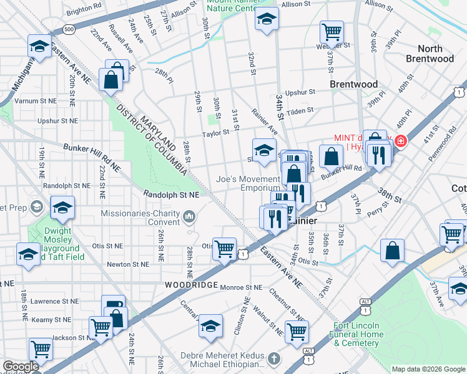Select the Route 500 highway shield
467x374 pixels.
coord(69,29)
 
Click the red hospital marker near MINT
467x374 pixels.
coord(398,141)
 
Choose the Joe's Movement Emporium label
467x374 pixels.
coord(248,183)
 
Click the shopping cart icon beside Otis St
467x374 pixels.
coord(224,249)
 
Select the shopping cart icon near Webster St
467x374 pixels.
coord(332,31)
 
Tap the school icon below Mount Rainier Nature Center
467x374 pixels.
coord(267,19)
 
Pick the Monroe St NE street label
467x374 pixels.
coord(240,287)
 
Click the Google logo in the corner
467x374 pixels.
coord(21,367)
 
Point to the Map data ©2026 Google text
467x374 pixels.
coord(428,369)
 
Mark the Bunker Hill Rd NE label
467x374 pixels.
coord(92,157)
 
